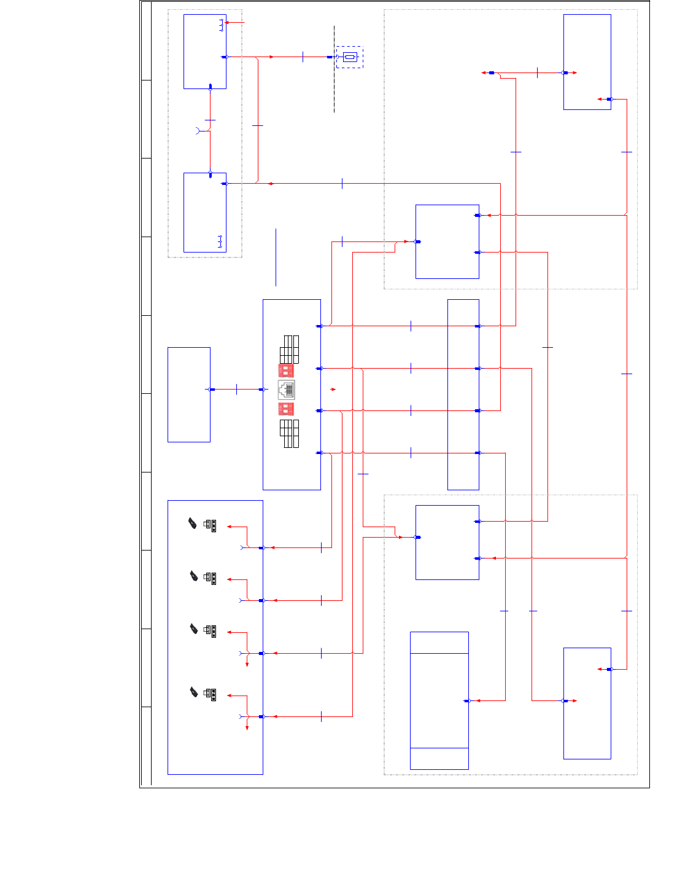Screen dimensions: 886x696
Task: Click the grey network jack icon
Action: tap(286, 390)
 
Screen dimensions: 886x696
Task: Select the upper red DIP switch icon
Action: tap(286, 370)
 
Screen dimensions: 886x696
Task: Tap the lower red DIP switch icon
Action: tap(286, 409)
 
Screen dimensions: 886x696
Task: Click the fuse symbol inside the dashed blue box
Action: tap(350, 57)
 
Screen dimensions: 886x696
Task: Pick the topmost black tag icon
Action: tap(193, 523)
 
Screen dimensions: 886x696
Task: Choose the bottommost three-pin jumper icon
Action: tap(210, 695)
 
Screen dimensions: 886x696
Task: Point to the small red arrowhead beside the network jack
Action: tap(333, 390)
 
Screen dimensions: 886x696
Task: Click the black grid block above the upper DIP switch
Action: tap(289, 349)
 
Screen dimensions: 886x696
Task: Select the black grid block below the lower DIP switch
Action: tap(289, 433)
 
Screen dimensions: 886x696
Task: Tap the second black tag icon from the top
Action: tap(194, 576)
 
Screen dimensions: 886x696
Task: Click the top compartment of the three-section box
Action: tap(439, 643)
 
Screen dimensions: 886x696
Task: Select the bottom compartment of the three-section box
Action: tap(439, 758)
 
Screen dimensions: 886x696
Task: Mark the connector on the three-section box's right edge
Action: tap(467, 701)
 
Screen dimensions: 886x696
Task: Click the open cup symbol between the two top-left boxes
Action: tap(198, 130)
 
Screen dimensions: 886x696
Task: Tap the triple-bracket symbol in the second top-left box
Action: tap(220, 241)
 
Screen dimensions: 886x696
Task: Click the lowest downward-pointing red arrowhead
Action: tap(247, 727)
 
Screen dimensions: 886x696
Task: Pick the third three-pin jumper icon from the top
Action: tap(210, 631)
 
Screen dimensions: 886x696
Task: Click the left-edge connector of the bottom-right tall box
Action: tap(565, 701)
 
